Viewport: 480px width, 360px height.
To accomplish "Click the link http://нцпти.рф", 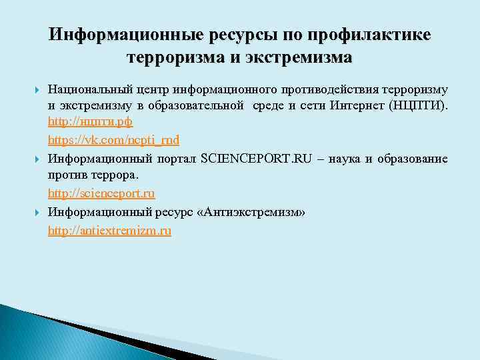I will coord(90,122).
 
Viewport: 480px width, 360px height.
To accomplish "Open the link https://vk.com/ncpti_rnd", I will coord(113,140).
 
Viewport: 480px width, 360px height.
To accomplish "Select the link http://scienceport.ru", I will coord(101,193).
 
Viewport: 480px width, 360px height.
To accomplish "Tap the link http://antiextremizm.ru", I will coord(109,231).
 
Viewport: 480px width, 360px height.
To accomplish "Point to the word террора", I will coord(115,175).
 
